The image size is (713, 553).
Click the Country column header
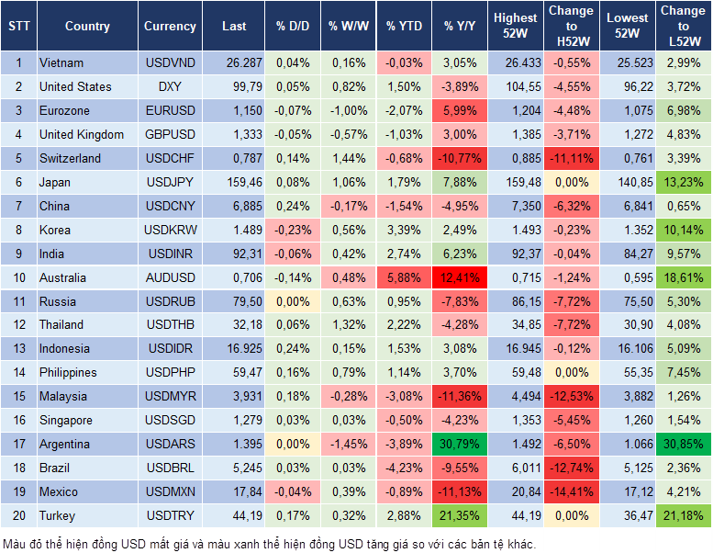click(87, 27)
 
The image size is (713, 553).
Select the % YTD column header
click(404, 27)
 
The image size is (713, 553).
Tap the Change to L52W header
click(683, 27)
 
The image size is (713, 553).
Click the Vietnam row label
click(62, 62)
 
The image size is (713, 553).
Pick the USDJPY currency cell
click(170, 182)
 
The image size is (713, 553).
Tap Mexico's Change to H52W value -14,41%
click(570, 491)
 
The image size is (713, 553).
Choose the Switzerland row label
click(71, 158)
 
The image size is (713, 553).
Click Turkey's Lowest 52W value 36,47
click(628, 515)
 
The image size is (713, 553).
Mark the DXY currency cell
click(170, 86)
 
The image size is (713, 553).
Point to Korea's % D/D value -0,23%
click(293, 230)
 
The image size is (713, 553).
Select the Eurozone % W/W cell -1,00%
click(348, 110)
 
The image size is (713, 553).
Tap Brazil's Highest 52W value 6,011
click(515, 468)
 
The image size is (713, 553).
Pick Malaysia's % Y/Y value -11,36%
click(458, 396)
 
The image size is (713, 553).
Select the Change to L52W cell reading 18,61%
click(684, 277)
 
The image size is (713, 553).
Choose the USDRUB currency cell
click(170, 301)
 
